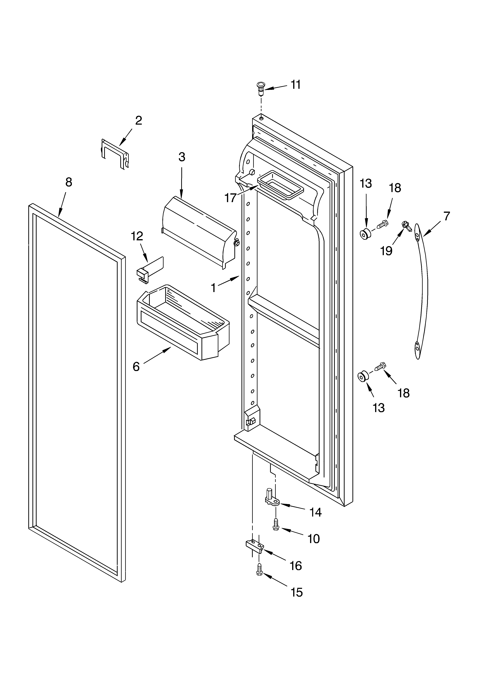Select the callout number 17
tap(230, 198)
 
